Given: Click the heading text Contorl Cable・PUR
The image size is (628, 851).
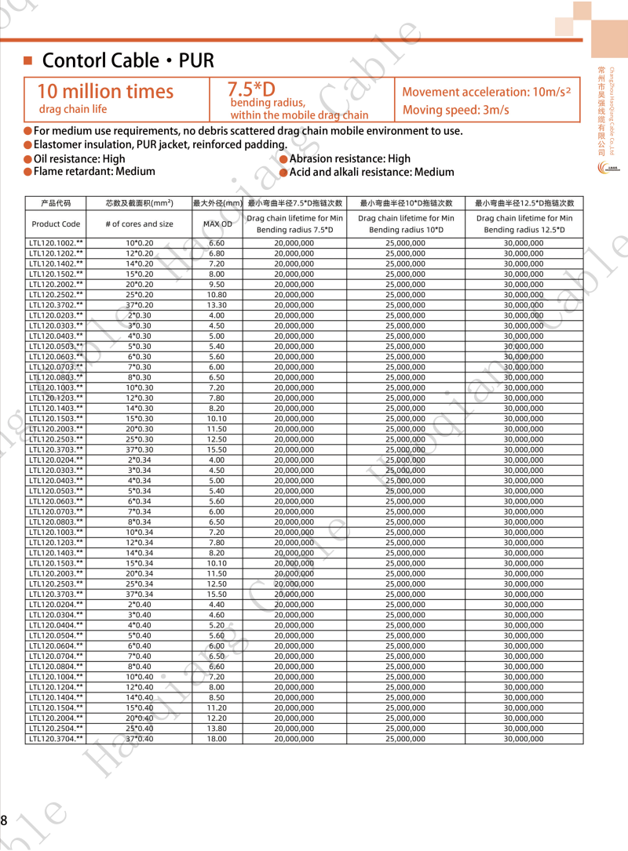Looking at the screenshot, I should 128,61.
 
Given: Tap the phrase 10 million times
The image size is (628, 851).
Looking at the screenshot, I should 105,92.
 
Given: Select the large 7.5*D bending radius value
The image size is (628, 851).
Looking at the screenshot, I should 251,89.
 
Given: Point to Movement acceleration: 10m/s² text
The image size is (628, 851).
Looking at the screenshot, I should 486,92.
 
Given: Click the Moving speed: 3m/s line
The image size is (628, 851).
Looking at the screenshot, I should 455,111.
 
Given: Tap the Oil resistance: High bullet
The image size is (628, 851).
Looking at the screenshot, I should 79,158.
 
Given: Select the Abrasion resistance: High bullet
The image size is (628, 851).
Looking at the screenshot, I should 350,158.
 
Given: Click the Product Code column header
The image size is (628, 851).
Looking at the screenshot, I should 56,224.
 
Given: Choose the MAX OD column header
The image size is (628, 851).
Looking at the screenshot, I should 217,224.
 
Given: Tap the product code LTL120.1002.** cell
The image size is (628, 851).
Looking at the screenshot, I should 56,243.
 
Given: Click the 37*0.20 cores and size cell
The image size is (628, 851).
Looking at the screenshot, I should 140,305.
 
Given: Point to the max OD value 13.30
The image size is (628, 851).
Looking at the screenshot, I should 217,305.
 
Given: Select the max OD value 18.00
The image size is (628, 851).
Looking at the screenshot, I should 217,739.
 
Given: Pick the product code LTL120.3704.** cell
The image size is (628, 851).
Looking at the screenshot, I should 56,739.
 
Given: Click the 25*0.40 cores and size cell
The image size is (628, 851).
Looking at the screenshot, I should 140,729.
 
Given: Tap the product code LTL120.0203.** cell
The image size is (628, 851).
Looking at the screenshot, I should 56,315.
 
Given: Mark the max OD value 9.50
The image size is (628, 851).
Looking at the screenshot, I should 217,285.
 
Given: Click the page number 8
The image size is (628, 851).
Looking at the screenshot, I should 4,821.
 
